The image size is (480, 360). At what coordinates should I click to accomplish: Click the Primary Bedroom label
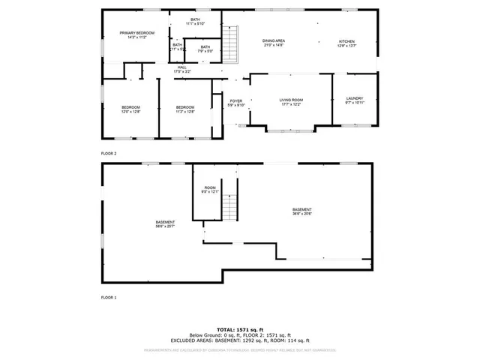(x=138, y=34)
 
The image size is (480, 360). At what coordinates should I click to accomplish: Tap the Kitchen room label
(x=346, y=43)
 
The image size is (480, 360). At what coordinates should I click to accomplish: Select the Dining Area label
(x=273, y=43)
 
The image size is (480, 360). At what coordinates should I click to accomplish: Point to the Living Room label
(x=291, y=101)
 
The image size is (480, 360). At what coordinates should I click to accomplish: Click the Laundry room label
(x=355, y=100)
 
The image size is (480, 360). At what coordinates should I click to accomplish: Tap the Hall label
(x=181, y=69)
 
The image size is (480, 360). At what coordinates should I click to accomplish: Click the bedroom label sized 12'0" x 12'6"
(x=130, y=109)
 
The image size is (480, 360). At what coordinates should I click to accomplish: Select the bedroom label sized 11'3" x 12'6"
(x=185, y=109)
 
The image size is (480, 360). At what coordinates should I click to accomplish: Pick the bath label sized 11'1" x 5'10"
(x=195, y=22)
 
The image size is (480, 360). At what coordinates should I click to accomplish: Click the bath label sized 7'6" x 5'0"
(x=205, y=49)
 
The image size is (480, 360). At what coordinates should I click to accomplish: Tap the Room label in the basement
(x=210, y=189)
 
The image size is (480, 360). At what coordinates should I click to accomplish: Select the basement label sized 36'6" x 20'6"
(x=302, y=211)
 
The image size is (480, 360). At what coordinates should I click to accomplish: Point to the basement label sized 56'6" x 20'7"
(x=166, y=223)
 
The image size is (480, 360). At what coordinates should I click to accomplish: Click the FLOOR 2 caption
(x=109, y=153)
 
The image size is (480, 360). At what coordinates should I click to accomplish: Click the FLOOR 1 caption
(x=109, y=298)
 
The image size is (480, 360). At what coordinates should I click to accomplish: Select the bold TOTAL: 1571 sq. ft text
(x=240, y=329)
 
